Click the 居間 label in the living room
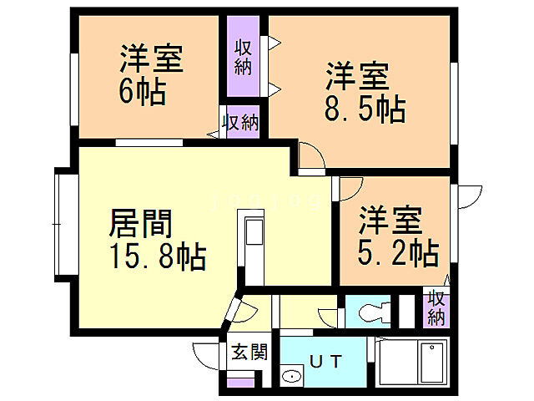(142, 224)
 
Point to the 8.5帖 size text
(364, 109)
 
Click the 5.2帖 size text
(399, 251)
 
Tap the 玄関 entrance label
(249, 352)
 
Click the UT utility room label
(326, 362)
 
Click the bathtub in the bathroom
(431, 364)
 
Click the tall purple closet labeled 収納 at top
(244, 57)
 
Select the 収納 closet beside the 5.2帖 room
(436, 308)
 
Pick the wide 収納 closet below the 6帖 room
(241, 122)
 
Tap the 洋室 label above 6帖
(151, 59)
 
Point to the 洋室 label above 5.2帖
(390, 221)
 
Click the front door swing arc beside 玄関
(206, 353)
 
